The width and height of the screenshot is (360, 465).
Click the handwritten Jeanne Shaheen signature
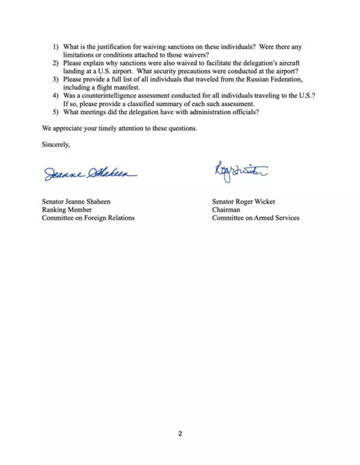pos(90,174)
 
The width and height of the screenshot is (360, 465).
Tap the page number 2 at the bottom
pos(180,434)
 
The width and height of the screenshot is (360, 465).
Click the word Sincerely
pos(56,145)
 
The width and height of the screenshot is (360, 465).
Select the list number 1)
pos(55,47)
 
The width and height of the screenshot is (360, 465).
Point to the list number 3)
pos(55,79)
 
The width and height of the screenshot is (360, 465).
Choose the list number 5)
pos(55,112)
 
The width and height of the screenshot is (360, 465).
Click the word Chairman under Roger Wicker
pos(226,210)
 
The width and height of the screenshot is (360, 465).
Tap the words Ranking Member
pos(67,210)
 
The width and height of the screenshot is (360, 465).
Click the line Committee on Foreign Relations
pos(88,218)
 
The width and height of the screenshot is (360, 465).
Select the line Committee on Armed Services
pos(256,218)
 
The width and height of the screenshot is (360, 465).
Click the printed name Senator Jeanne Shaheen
pos(76,201)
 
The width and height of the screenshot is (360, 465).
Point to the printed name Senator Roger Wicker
pos(244,201)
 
